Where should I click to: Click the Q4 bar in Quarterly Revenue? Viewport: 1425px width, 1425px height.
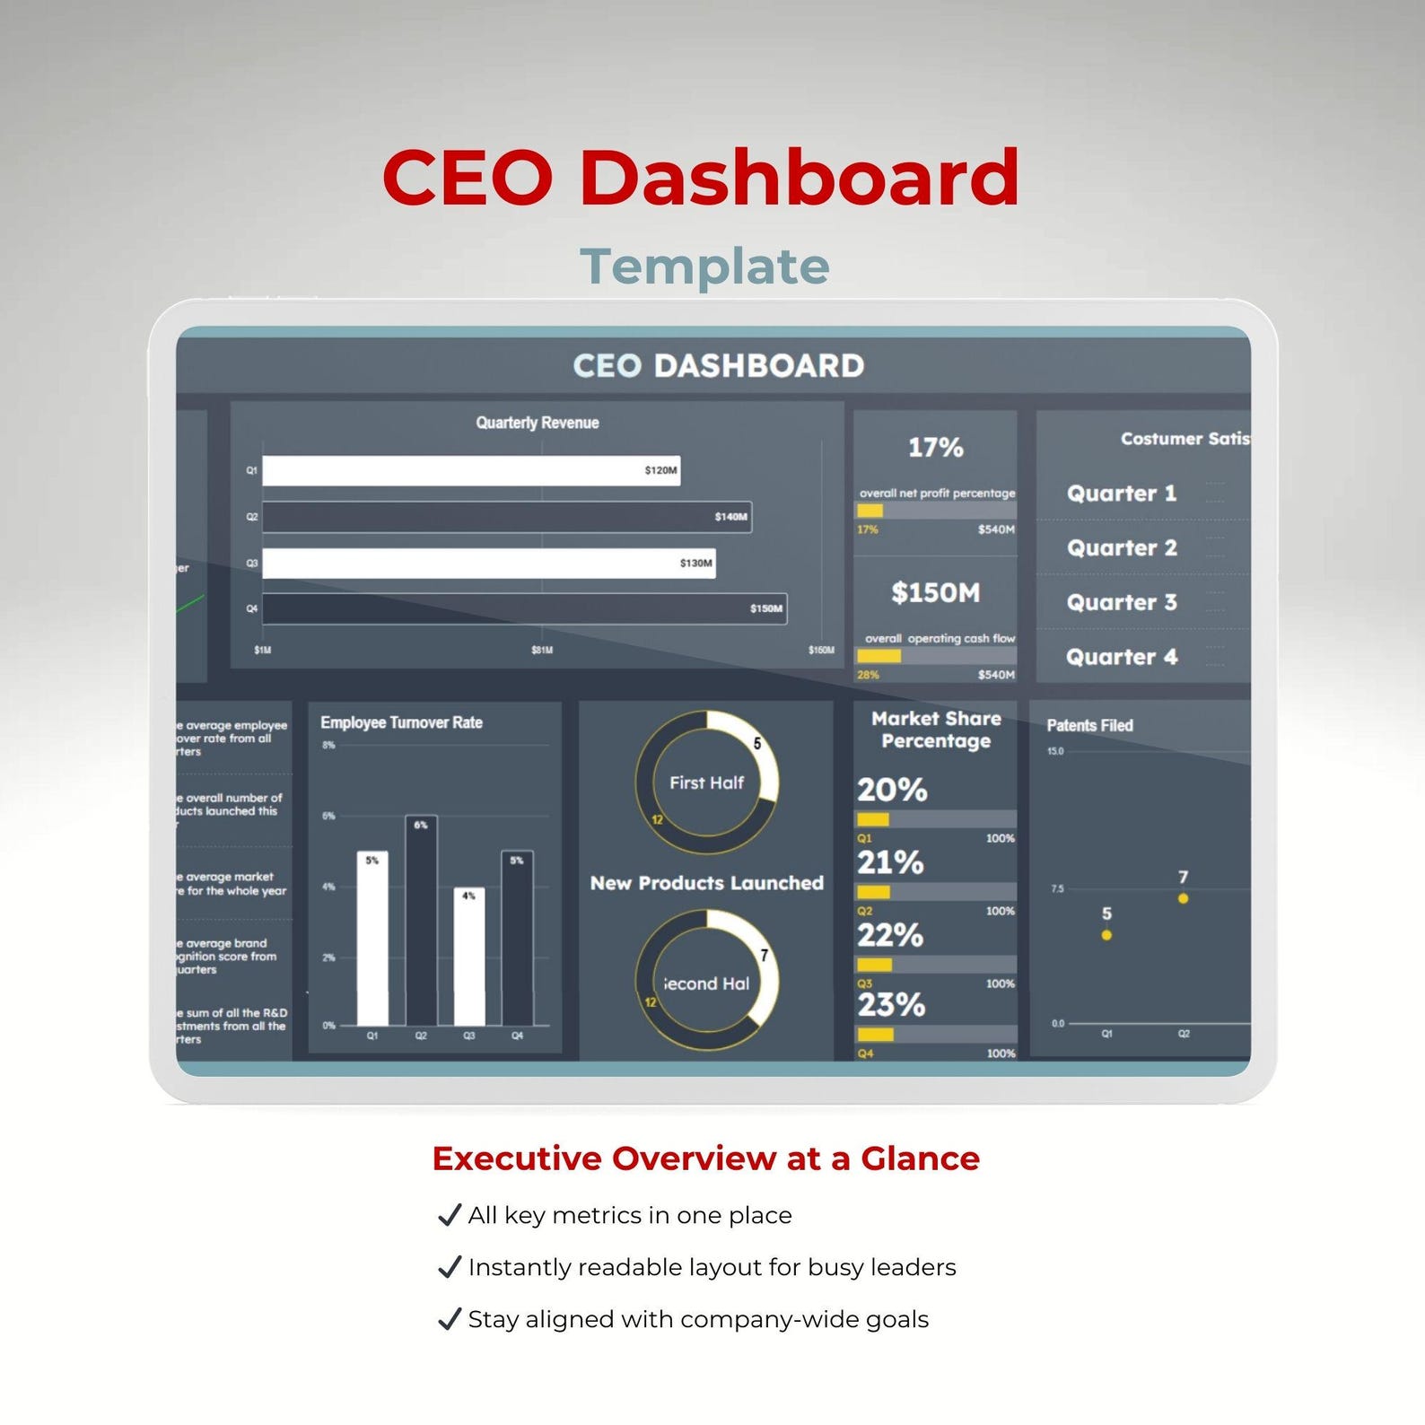(524, 608)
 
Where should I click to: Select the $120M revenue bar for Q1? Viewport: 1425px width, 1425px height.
(470, 470)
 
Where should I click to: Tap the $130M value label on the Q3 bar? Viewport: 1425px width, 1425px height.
(695, 563)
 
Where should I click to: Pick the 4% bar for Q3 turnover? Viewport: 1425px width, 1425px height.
(468, 957)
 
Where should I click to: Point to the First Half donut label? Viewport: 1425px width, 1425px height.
(706, 782)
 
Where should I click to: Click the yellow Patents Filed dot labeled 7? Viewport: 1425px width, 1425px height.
(1183, 898)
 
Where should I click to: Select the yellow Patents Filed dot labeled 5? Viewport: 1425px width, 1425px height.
(1106, 935)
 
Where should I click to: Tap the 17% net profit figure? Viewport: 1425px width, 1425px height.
(935, 447)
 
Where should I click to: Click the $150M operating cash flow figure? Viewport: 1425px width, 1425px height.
(935, 592)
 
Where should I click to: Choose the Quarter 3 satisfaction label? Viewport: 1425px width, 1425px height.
(1121, 602)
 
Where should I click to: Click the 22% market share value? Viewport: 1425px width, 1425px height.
(889, 935)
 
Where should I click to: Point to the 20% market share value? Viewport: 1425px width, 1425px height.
(891, 790)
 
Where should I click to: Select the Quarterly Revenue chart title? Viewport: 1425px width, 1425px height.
(537, 423)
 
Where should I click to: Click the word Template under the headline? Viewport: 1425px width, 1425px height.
(704, 267)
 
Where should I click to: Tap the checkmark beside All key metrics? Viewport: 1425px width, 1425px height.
(449, 1215)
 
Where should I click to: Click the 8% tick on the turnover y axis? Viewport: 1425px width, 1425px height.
(328, 745)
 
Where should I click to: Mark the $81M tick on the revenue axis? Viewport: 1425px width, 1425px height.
(541, 650)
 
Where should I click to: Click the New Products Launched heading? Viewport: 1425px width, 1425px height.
(706, 883)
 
